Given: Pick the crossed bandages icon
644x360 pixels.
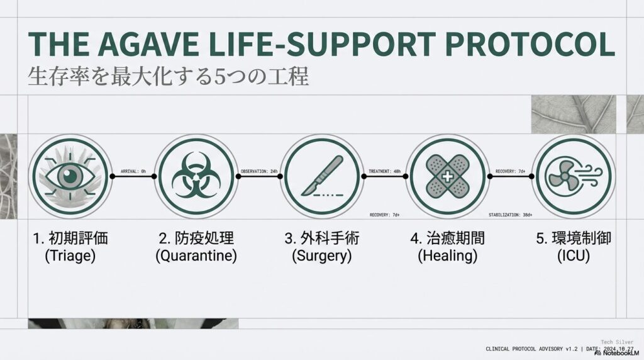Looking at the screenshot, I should click(447, 176).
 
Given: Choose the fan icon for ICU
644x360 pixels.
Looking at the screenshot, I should click(572, 176).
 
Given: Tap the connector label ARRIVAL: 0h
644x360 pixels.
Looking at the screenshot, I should click(133, 171).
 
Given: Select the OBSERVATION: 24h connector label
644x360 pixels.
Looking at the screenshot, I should click(259, 171).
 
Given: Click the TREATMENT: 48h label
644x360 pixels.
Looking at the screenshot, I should click(384, 171).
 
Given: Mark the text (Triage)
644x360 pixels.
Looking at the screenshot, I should click(70, 256).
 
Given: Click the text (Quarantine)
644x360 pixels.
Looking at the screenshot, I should click(197, 256).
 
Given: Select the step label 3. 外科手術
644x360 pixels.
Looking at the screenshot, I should click(323, 239).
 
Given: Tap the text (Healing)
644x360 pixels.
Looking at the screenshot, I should click(447, 256).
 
